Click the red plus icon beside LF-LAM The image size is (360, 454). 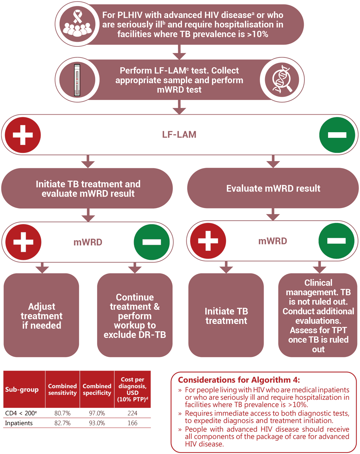(23, 135)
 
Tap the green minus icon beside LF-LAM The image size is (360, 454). (337, 135)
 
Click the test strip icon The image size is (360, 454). (77, 80)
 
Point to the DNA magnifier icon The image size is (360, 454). (282, 80)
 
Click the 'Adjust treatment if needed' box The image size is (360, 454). (41, 315)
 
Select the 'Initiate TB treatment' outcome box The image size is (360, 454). (226, 315)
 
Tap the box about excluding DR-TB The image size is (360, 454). (135, 315)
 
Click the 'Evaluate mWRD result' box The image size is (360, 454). (273, 188)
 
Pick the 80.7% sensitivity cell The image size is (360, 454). (63, 413)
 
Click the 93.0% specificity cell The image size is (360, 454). (97, 423)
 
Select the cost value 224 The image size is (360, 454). (133, 413)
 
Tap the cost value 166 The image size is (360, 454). (133, 423)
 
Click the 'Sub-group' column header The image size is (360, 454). (22, 389)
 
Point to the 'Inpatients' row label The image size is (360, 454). (19, 423)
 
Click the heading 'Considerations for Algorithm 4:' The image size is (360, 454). (239, 380)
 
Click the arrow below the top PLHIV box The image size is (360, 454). (179, 52)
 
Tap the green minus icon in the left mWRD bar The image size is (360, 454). (152, 242)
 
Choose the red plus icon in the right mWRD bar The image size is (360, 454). (208, 241)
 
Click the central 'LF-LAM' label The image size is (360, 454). (179, 135)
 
